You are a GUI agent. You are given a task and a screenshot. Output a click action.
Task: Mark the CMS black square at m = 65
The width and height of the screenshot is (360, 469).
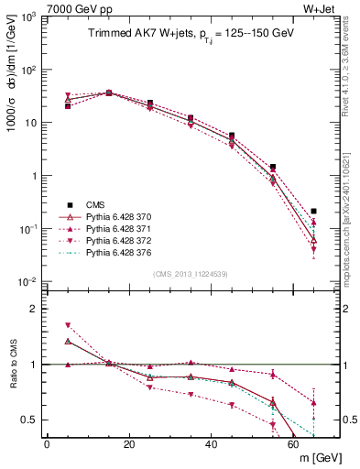click(x=314, y=212)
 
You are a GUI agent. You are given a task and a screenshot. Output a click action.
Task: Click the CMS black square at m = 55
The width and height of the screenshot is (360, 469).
click(x=273, y=168)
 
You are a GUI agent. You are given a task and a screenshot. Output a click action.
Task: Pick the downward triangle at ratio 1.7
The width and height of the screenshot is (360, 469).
click(x=68, y=325)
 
